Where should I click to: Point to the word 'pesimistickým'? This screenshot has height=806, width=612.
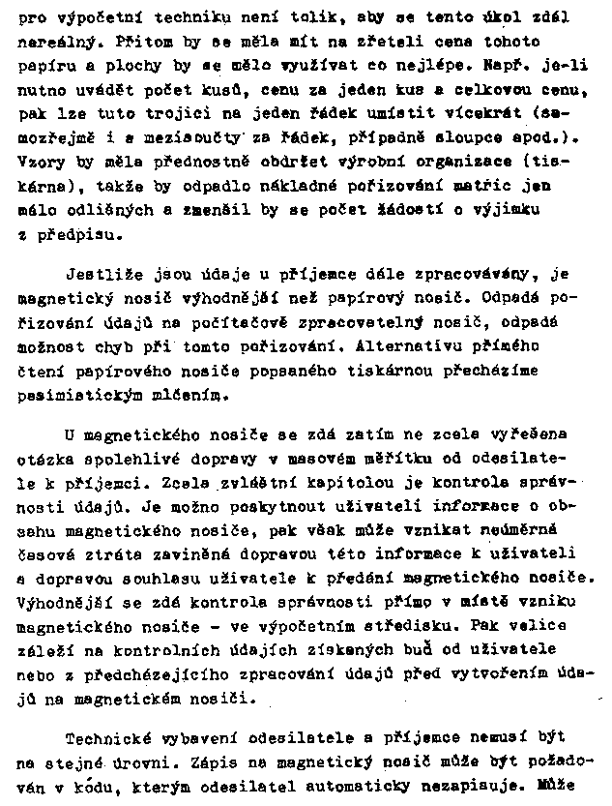point(74,394)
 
